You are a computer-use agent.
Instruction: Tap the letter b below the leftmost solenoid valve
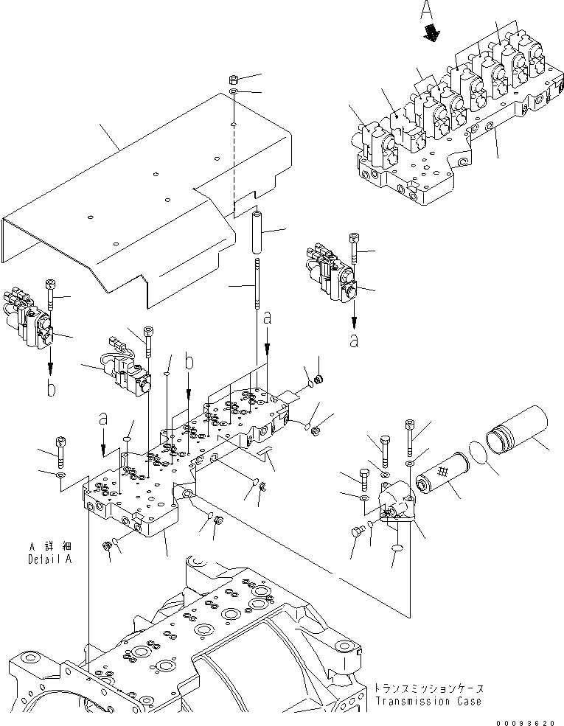click(50, 388)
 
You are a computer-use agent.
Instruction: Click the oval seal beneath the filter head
click(397, 549)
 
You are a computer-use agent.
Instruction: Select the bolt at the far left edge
click(60, 454)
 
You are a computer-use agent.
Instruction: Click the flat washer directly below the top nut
click(233, 91)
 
